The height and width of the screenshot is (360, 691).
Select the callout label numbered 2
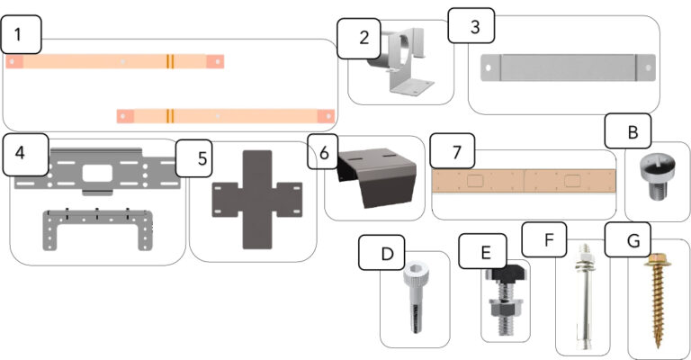363,39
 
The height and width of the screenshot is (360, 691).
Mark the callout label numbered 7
451,152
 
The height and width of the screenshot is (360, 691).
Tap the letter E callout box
482,253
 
